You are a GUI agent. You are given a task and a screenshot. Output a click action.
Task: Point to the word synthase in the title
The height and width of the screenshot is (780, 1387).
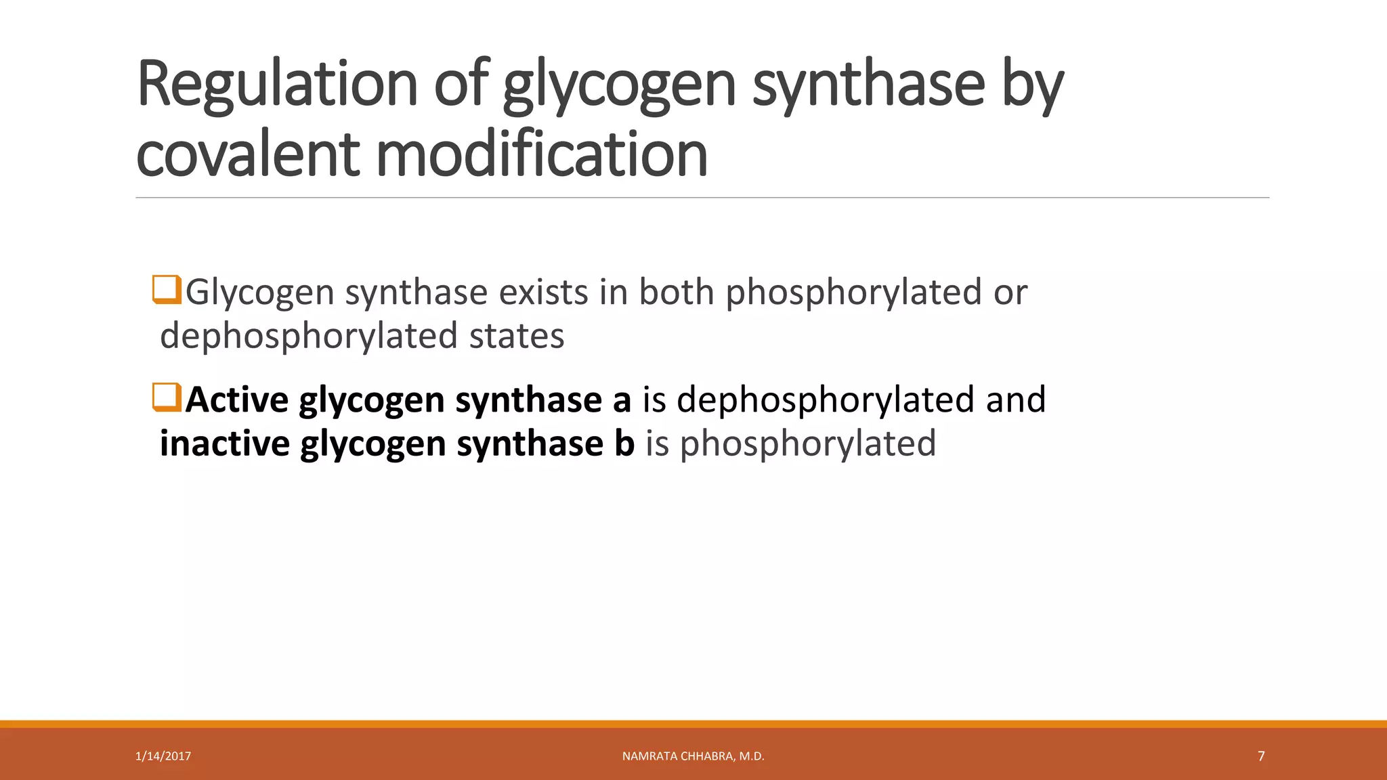point(868,84)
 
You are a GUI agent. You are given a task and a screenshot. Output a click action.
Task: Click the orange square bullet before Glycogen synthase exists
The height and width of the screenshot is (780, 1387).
point(167,290)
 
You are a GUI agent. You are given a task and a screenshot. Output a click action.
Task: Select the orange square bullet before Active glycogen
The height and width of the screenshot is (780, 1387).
point(167,397)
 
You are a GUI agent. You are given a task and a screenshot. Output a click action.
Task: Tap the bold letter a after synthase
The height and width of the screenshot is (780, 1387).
point(622,401)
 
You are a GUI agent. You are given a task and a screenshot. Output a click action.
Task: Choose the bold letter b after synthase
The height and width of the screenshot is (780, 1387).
point(624,443)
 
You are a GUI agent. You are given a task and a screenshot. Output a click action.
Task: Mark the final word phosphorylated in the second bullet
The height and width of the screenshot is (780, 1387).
point(808,445)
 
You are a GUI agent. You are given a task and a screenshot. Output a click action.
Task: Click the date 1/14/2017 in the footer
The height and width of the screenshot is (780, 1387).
point(163,756)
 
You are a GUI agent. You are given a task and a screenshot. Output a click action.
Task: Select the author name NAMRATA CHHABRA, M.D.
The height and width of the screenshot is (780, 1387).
point(693,756)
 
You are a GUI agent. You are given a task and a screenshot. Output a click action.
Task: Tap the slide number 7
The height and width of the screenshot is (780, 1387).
point(1261,756)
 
